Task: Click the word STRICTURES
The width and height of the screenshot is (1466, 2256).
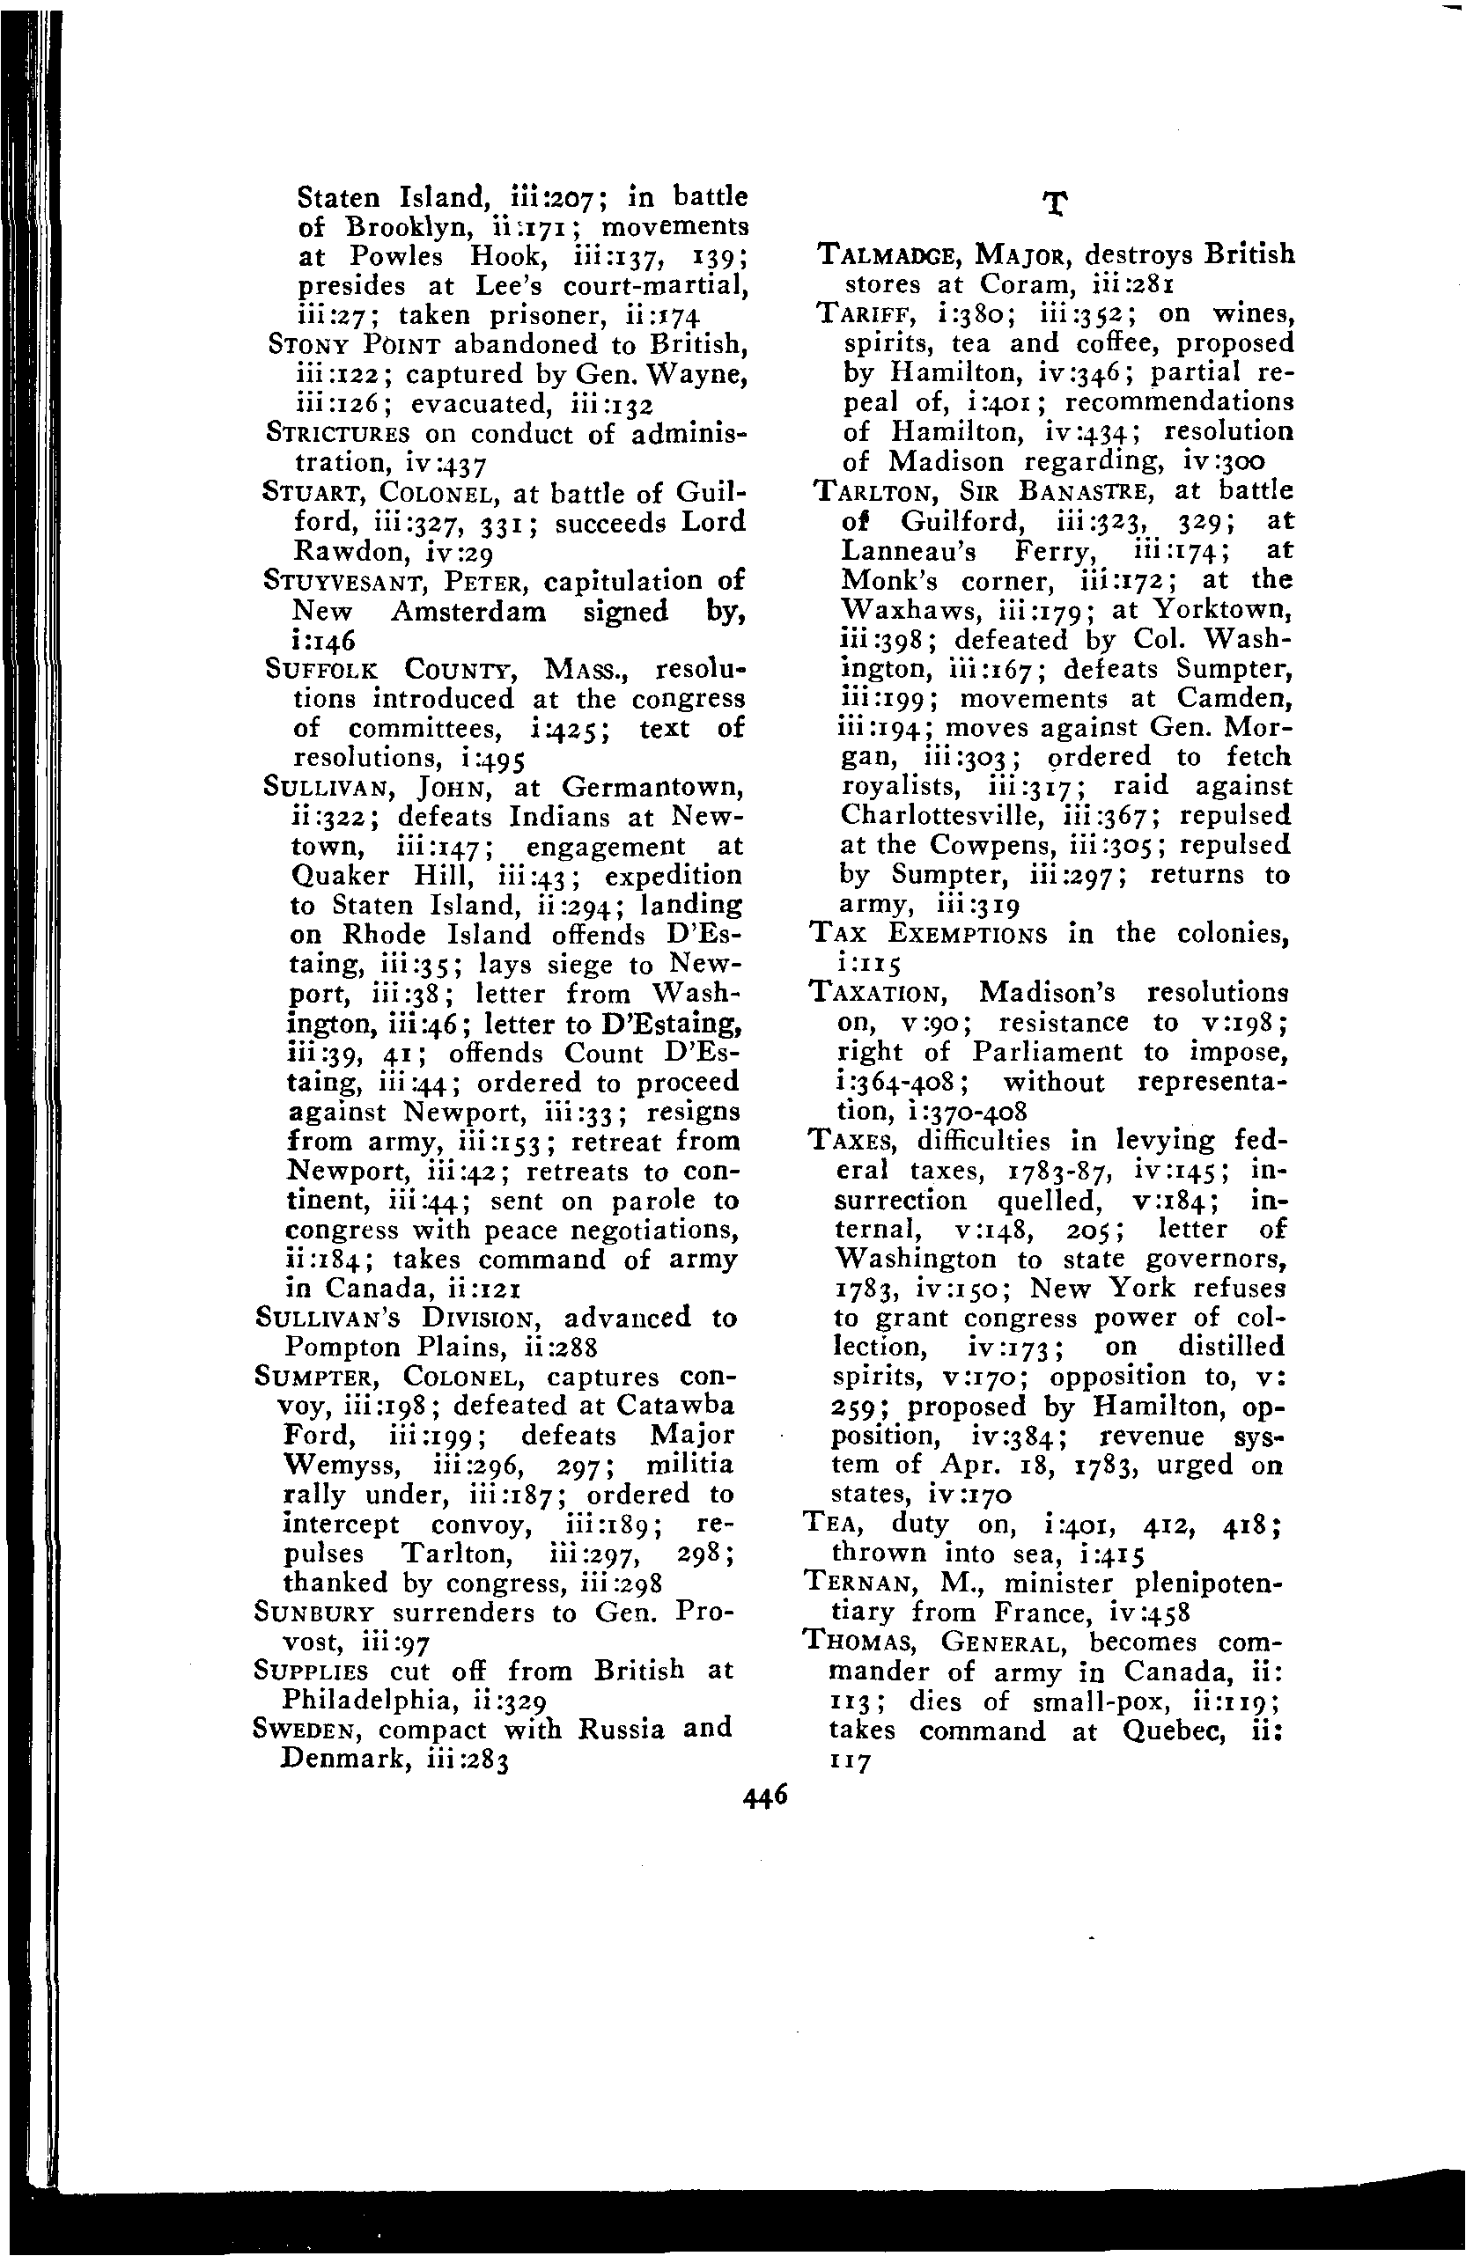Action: tap(337, 434)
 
